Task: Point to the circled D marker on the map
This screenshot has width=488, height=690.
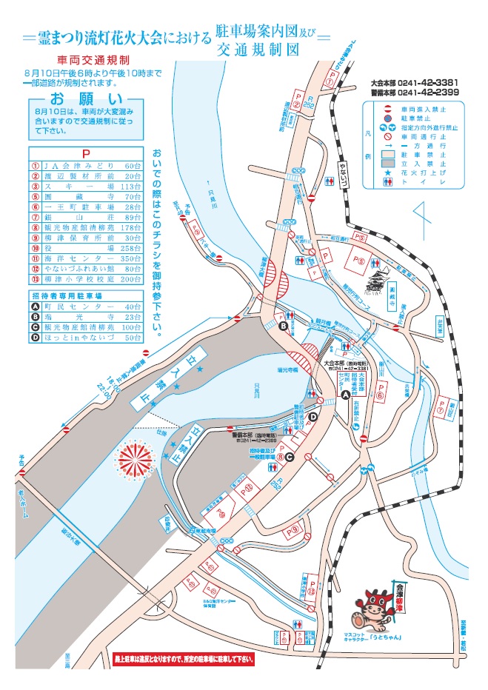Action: [x=312, y=418]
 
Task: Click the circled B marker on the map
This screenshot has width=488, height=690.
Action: [x=284, y=326]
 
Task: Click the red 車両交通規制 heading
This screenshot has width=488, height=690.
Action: [x=94, y=59]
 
